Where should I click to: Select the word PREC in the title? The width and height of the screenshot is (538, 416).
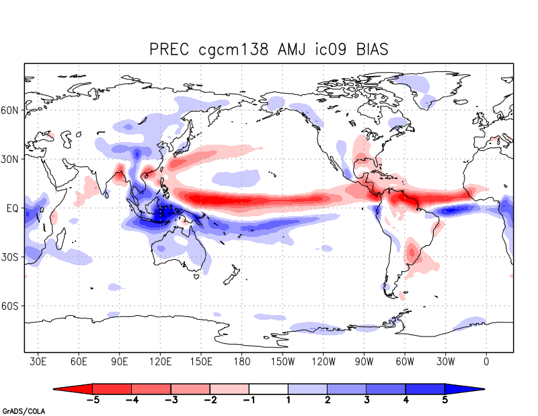[x=171, y=49]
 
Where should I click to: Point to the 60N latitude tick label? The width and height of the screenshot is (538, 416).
[x=12, y=110]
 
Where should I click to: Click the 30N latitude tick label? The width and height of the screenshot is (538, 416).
[x=12, y=160]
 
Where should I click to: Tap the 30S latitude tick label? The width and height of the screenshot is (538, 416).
[x=12, y=258]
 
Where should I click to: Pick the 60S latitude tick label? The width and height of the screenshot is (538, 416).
[x=12, y=306]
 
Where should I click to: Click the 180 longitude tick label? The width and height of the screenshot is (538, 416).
[x=242, y=361]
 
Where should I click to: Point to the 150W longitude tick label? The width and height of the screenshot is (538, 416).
[x=282, y=361]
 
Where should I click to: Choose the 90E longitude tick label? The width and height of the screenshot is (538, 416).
[x=120, y=361]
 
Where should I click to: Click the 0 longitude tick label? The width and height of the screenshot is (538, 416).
[x=486, y=361]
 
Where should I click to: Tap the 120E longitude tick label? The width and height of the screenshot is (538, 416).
[x=161, y=361]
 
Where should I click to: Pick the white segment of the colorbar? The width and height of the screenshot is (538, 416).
[x=268, y=389]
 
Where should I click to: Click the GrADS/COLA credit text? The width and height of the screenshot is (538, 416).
[x=23, y=410]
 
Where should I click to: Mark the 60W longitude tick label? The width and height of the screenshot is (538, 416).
[x=405, y=361]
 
